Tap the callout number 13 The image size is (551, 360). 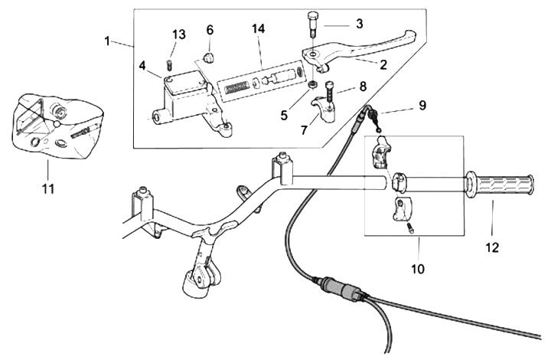click(x=178, y=34)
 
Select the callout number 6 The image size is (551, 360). click(x=209, y=30)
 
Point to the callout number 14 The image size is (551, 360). click(x=259, y=29)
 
